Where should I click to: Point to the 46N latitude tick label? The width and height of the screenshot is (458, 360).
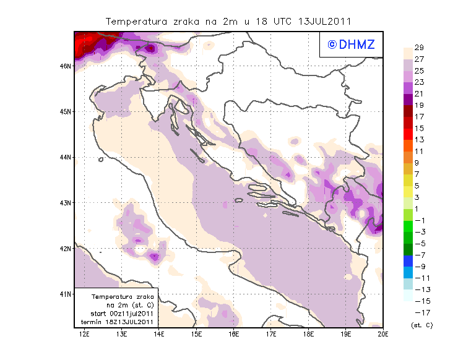coord(66,66)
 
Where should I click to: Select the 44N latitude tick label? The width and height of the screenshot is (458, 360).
coord(66,157)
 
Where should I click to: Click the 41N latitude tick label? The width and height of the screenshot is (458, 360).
coord(66,294)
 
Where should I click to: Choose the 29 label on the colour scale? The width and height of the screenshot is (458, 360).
coord(419,48)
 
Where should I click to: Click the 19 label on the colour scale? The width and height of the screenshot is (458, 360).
coord(419,105)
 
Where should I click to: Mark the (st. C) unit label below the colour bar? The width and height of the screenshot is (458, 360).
coord(421,324)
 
